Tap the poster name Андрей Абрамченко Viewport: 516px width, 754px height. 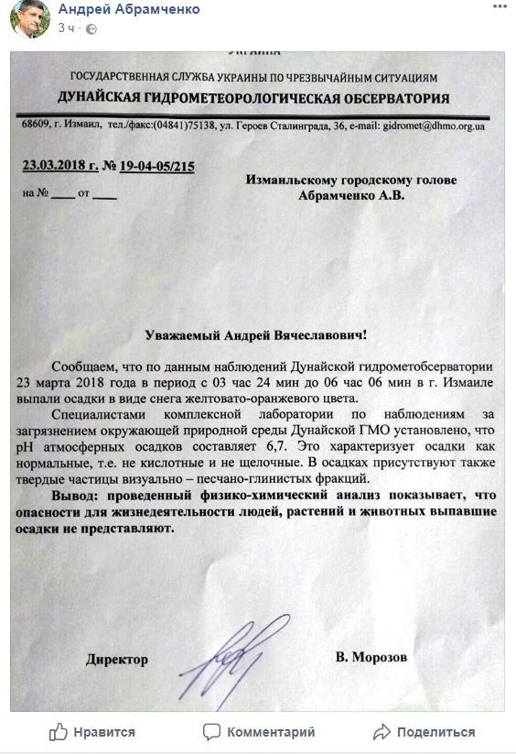point(129,8)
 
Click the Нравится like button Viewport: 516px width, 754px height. point(92,732)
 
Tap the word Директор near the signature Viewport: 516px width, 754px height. point(116,659)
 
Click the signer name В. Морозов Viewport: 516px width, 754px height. point(371,658)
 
